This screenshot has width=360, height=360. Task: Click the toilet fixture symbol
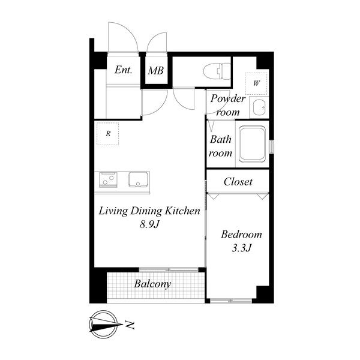coord(217,71)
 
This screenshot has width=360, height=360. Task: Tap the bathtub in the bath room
coord(252,144)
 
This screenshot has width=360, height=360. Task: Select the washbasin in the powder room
coord(259,107)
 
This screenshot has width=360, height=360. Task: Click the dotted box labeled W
coord(256,83)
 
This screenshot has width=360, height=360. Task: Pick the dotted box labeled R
coord(107,134)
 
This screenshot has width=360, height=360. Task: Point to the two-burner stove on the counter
coord(108,179)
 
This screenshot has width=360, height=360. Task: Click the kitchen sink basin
coord(138,179)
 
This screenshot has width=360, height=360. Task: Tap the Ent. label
coord(124,70)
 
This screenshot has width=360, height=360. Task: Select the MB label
coord(155,70)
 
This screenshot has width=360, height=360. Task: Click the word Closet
coord(238,182)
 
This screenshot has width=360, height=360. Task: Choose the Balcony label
coord(152,284)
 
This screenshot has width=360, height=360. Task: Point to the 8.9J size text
coord(149,224)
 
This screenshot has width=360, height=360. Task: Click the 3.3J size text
coord(242,248)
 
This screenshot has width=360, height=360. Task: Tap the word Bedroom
coord(241,235)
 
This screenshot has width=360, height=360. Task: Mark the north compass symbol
coord(104,325)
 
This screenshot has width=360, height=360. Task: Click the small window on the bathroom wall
coord(272,146)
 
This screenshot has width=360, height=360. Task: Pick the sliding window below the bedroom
coord(231,301)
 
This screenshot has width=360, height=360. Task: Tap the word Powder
coord(228,99)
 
